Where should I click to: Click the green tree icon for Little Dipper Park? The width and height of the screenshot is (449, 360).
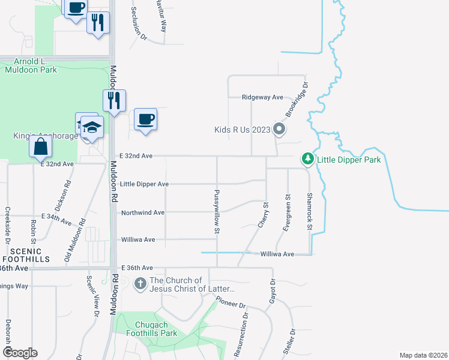point(308,158)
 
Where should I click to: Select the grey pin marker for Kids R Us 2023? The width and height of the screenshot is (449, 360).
point(279,129)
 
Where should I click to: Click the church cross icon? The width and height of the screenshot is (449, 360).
point(140,283)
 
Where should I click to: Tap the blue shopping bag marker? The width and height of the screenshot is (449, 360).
point(40,146)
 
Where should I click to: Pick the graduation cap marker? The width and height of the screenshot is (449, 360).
point(92,127)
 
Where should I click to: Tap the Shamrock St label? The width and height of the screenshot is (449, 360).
point(310,211)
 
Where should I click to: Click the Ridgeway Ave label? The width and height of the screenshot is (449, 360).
point(262,97)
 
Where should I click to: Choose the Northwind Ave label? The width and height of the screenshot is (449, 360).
point(142,212)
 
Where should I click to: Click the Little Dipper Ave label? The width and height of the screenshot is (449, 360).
point(144,184)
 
